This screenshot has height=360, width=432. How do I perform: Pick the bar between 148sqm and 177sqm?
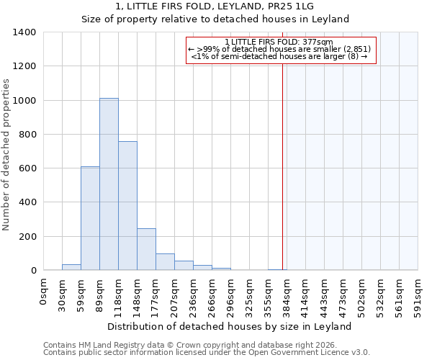[x=146, y=249]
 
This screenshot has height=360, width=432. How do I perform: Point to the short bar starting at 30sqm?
[x=71, y=267]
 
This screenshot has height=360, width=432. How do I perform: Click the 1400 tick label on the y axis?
[x=24, y=32]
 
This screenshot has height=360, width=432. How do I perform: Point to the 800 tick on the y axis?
[x=27, y=135]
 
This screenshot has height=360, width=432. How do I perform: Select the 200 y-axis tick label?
[x=27, y=236]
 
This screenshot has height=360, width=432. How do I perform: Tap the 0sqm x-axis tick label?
[x=43, y=292]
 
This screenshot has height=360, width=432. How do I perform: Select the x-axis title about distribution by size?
[x=230, y=326]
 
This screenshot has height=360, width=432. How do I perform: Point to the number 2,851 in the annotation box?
[x=357, y=49]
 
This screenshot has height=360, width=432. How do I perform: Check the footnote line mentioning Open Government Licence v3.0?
[x=207, y=353]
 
